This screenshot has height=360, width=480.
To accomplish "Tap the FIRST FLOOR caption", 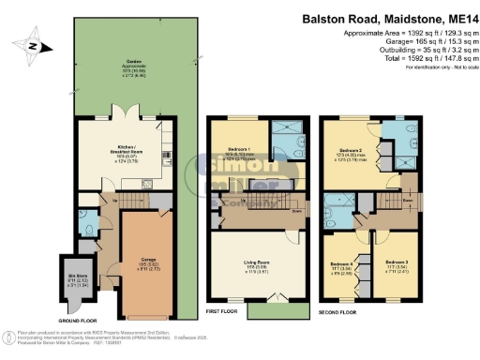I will coord(220,310).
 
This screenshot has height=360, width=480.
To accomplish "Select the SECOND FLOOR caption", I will coord(337,310).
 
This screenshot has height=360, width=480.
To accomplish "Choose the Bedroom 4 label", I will coord(342,266).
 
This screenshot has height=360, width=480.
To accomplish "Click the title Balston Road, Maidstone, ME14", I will coord(389,18).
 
